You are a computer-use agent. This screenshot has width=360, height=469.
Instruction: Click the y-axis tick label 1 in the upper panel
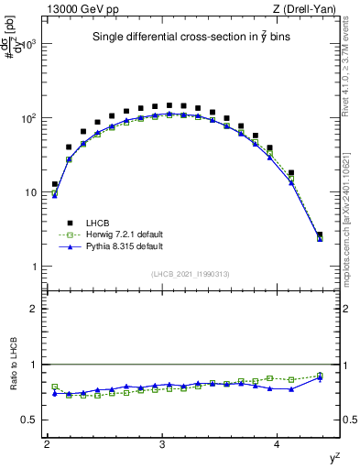(x=37, y=267)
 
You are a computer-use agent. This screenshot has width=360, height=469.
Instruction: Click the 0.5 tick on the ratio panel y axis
(x=33, y=420)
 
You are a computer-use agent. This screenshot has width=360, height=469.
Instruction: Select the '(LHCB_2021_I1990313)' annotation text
(x=190, y=274)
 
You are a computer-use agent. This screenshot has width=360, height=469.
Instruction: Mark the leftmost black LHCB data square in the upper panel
(x=55, y=184)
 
